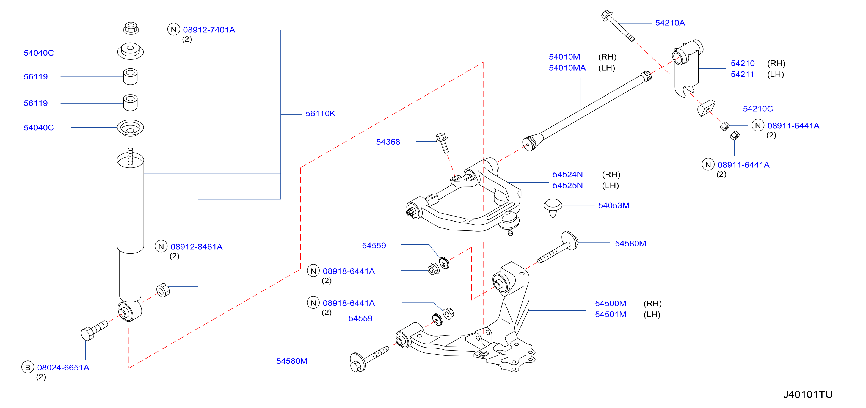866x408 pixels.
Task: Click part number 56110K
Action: point(320,114)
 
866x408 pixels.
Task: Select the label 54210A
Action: point(670,23)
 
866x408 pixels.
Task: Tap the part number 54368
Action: point(388,142)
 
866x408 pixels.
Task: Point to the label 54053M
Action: point(614,205)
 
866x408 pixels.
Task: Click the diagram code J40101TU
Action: point(807,394)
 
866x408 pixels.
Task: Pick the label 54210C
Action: point(758,109)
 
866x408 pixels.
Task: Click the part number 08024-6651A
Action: point(63,368)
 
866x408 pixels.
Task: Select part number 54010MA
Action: point(567,68)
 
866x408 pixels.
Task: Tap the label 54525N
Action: point(567,186)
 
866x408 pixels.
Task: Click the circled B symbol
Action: point(27,367)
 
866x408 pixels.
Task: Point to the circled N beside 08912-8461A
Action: point(161,246)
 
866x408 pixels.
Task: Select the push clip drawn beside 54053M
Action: point(553,207)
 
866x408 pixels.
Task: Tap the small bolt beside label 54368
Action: point(442,143)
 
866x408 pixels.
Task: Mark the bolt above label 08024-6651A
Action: point(94,330)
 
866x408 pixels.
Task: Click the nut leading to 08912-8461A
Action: point(163,290)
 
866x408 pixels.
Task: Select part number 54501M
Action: point(611,315)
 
